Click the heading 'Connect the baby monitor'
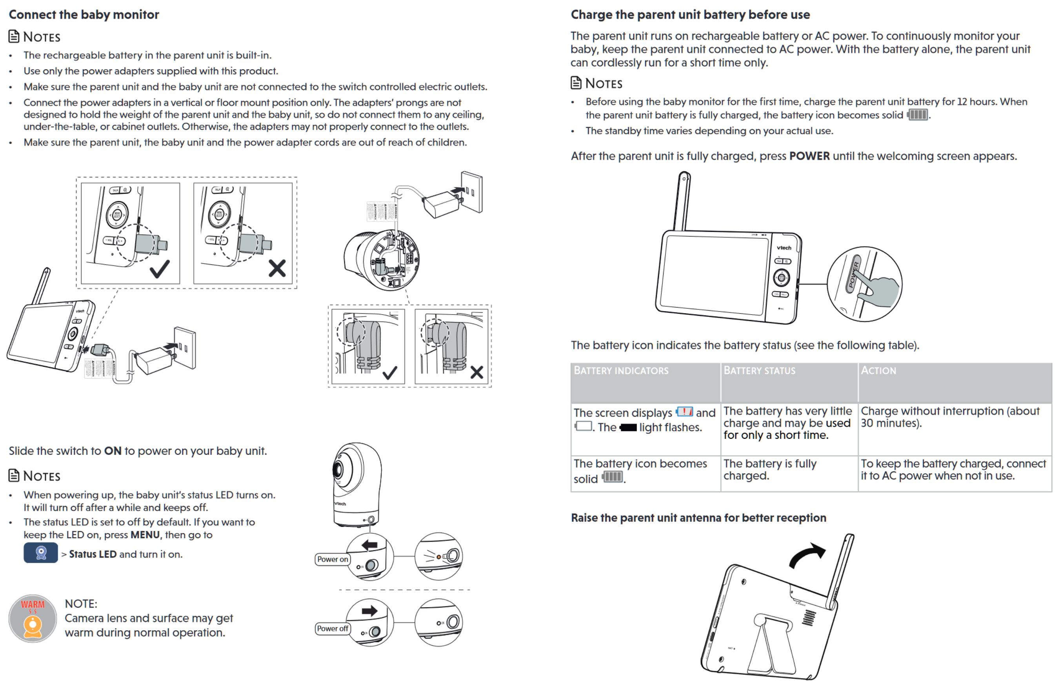pos(84,15)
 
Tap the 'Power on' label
pos(332,559)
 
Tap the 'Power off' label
pos(332,628)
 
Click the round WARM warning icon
pos(33,618)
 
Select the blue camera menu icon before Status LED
pos(40,553)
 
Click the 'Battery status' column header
pos(759,371)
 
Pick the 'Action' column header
pos(878,371)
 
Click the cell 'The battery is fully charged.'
pos(769,469)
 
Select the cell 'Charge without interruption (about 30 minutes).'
pos(949,417)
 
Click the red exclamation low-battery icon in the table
pos(684,412)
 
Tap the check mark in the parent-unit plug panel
pos(160,269)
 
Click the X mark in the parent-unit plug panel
pos(277,268)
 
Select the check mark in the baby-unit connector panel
pos(390,372)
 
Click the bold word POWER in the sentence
pos(809,156)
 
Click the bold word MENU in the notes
pos(145,535)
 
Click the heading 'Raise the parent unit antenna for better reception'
pos(698,518)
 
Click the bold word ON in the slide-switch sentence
pos(113,451)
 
